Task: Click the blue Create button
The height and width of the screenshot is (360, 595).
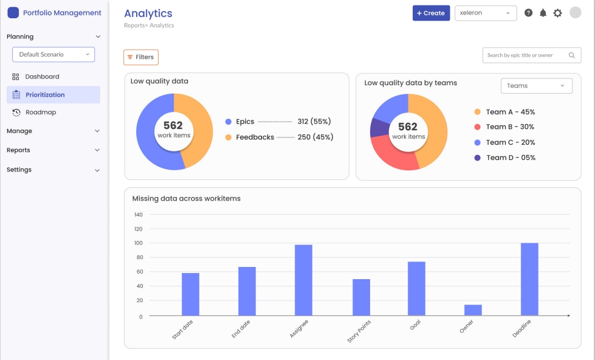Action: coord(431,13)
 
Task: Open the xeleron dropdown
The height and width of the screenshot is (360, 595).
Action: coord(485,13)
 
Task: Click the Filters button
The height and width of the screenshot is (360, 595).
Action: coord(141,57)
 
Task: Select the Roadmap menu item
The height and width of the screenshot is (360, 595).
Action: coord(41,112)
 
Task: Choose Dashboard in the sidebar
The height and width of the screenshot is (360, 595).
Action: coord(42,77)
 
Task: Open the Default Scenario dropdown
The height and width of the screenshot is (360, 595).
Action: coord(53,55)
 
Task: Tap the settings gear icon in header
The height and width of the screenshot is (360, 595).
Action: coord(557,13)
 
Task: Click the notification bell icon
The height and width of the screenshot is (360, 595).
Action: coord(543,13)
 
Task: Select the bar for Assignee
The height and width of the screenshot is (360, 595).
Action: coord(303,280)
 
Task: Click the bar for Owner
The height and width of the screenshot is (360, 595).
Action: coord(473,310)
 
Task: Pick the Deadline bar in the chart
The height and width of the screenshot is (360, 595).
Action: coord(529,279)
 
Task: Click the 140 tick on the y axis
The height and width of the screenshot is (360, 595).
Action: coord(138,215)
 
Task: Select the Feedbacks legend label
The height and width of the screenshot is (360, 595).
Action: coord(255,137)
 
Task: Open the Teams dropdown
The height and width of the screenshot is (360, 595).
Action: coord(536,86)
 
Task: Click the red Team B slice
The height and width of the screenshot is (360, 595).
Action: coord(394,156)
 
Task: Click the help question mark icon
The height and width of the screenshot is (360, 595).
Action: coord(528,13)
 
